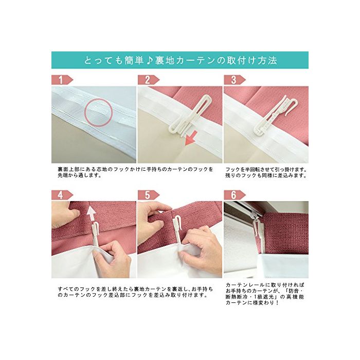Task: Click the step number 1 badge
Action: [62, 80]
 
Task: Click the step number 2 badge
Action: [148, 80]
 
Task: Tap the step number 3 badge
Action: [234, 80]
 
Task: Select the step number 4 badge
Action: [62, 195]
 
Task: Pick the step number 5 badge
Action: [148, 195]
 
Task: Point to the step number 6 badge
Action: [234, 195]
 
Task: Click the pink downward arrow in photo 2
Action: [191, 138]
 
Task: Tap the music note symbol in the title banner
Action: [149, 60]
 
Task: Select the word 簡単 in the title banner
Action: [134, 60]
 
